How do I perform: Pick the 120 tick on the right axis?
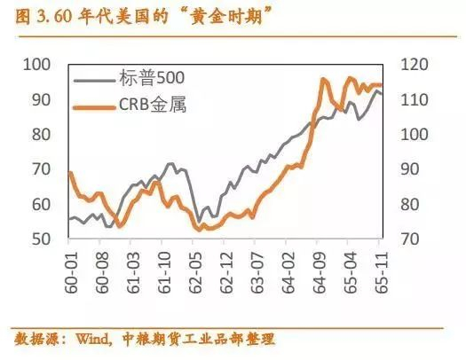click(x=415, y=65)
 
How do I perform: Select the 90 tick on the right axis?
click(x=411, y=169)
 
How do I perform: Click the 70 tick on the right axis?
click(x=411, y=239)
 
